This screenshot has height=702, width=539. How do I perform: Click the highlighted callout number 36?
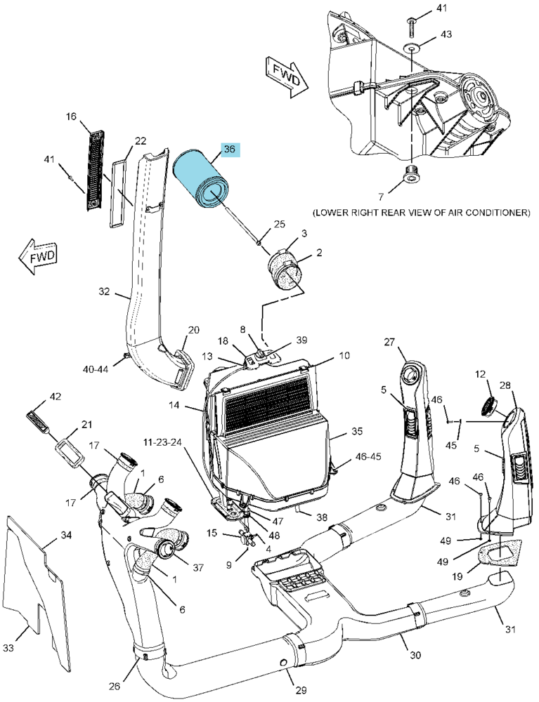coord(229,150)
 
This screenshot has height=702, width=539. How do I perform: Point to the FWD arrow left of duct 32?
coord(38,256)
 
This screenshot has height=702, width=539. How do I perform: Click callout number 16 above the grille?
coord(71,117)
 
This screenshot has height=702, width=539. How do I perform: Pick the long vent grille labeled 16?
coord(94,170)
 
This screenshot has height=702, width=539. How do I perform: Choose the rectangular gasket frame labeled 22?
coord(120,194)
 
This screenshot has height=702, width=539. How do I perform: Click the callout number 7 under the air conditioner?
coord(381,197)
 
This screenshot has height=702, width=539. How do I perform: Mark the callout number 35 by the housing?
coord(357,432)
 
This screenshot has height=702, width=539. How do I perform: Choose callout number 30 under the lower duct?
coord(415,655)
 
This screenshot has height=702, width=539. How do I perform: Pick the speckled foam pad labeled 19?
coord(500,551)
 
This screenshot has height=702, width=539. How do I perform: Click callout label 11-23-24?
coord(162,442)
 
